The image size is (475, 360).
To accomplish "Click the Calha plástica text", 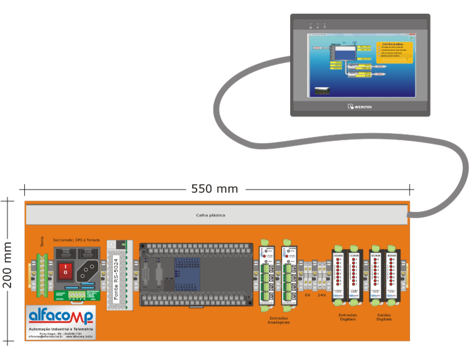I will tap(210, 215).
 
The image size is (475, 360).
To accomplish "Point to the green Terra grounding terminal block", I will tap(42, 273).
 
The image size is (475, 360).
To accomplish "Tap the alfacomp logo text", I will tap(61, 317).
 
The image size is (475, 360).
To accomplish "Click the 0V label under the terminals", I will tap(308, 295).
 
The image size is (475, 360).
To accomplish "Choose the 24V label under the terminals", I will tap(321, 295).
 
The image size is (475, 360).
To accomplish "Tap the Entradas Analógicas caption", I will tap(278, 320).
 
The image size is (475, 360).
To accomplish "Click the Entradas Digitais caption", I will tap(348, 317).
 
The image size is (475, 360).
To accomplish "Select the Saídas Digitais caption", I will tap(384, 317).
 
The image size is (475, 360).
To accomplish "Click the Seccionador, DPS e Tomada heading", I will tap(76, 240).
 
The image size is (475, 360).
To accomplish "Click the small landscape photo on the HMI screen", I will tap(322, 90).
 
